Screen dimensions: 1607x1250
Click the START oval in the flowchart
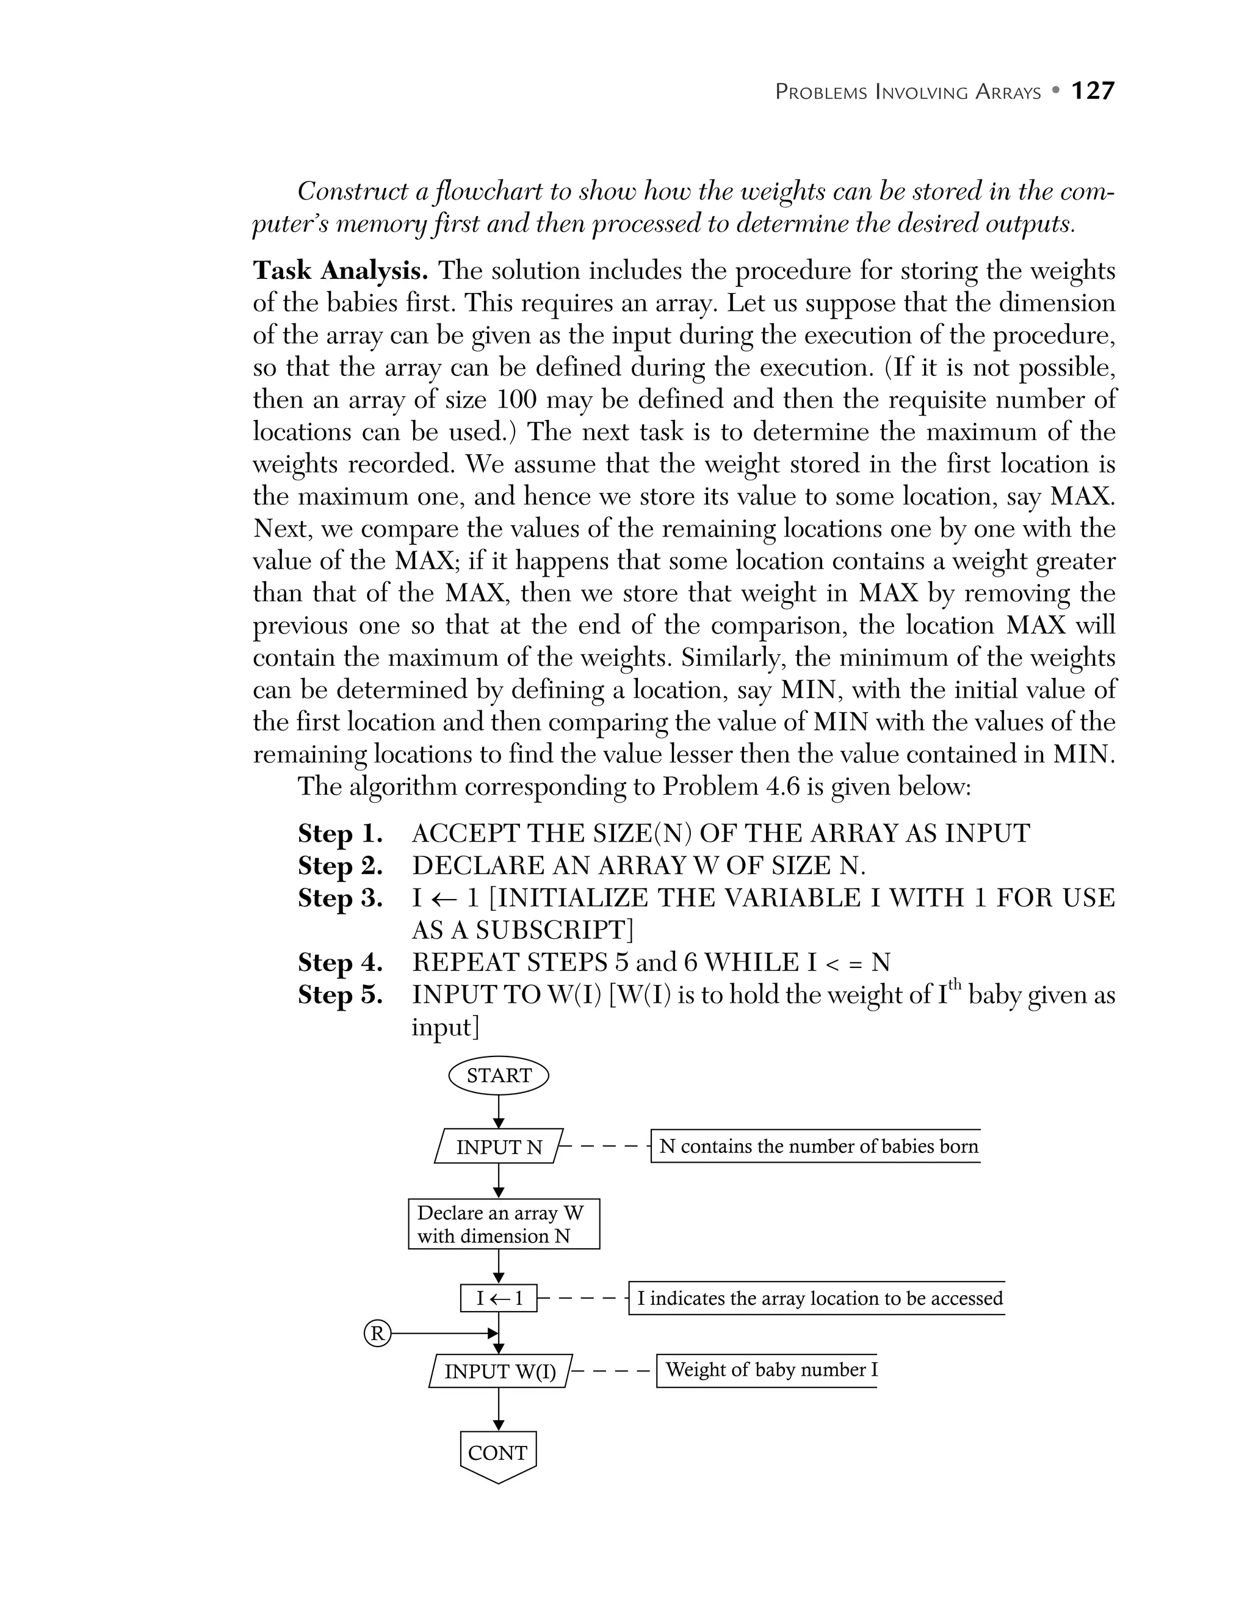click(498, 1076)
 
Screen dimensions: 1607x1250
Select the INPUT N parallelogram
click(498, 1146)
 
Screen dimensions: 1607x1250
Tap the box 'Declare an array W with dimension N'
click(504, 1224)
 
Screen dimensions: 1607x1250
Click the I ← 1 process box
click(498, 1298)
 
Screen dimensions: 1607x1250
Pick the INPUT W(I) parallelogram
click(499, 1371)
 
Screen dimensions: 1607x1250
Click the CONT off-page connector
click(498, 1454)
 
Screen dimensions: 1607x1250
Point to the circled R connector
click(377, 1334)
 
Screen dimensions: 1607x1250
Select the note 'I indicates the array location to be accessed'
click(818, 1298)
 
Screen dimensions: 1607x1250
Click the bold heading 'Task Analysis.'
click(340, 271)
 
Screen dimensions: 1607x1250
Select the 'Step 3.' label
click(340, 898)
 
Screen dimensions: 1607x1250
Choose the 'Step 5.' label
click(340, 995)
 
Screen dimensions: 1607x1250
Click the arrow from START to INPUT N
click(498, 1111)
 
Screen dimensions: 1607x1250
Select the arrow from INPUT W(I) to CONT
click(498, 1409)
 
